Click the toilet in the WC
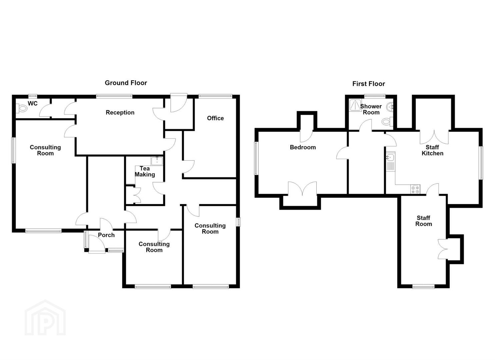click(x=22, y=108)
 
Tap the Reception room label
click(x=120, y=112)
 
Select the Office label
click(x=215, y=118)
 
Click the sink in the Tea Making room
click(x=157, y=161)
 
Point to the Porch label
click(x=106, y=235)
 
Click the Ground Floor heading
click(x=126, y=83)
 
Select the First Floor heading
click(x=369, y=84)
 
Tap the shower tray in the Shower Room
click(x=355, y=105)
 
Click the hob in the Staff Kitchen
click(x=415, y=189)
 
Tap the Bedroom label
click(x=303, y=147)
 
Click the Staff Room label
click(x=423, y=221)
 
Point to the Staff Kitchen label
click(x=432, y=150)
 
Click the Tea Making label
click(x=145, y=171)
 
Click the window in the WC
click(x=33, y=96)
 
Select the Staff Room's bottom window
click(x=423, y=287)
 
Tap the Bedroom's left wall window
click(x=256, y=158)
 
